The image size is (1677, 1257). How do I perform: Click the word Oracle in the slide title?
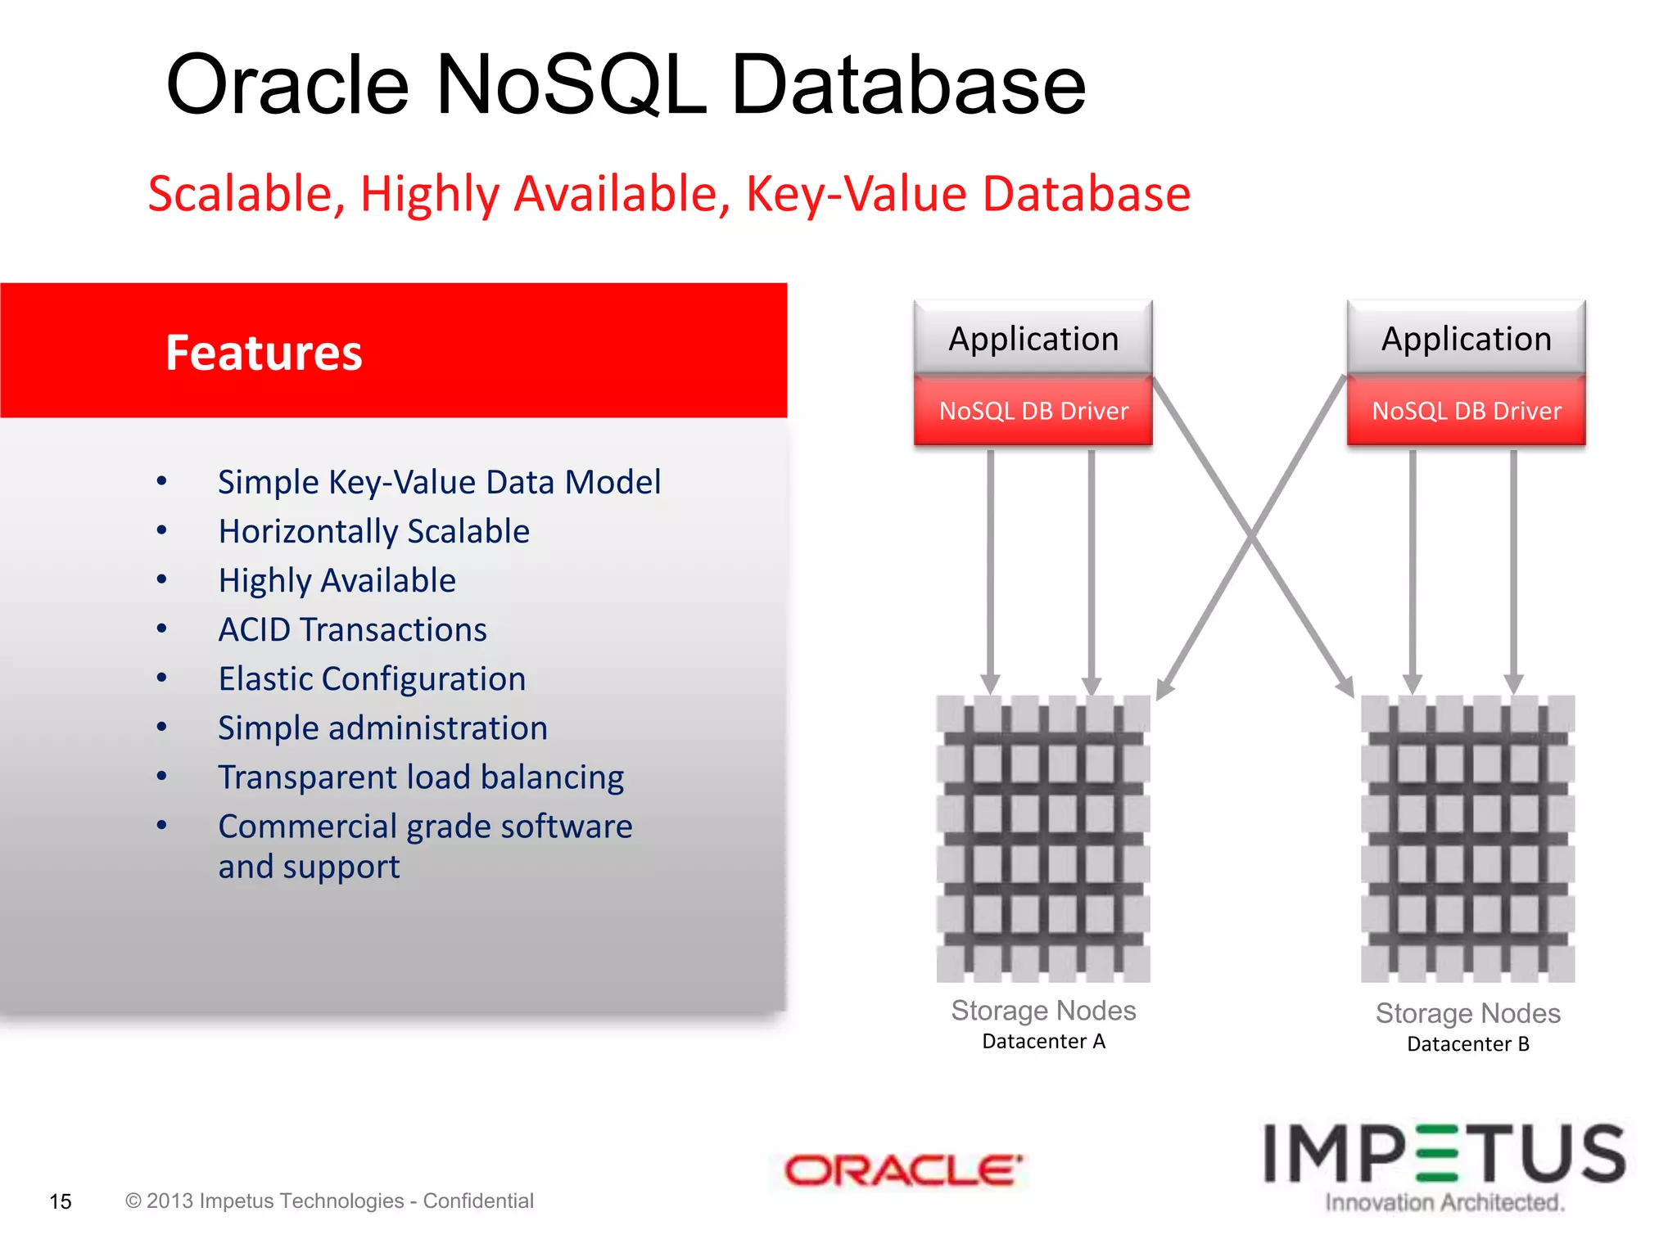point(287,84)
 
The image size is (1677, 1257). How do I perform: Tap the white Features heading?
point(264,353)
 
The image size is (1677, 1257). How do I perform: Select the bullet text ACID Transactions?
point(352,629)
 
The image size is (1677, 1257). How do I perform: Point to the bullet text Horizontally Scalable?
point(373,531)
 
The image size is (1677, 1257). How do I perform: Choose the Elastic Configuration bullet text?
point(372,678)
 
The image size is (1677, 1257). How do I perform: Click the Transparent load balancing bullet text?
point(421,777)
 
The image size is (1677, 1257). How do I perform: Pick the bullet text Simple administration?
point(382,728)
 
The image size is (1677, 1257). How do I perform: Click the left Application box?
point(1033,339)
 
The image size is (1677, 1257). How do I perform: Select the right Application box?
point(1466,339)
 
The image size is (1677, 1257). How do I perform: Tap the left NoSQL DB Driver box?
point(1033,410)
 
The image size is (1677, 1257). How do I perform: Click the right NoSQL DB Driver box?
point(1466,410)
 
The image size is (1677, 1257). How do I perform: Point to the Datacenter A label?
point(1043,1041)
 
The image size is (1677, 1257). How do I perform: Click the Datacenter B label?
point(1467,1043)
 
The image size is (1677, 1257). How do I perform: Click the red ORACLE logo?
point(902,1170)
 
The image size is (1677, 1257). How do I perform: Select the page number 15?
point(61,1201)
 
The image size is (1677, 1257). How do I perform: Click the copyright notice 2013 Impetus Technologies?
point(329,1201)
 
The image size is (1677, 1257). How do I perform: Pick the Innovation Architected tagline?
point(1444,1202)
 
